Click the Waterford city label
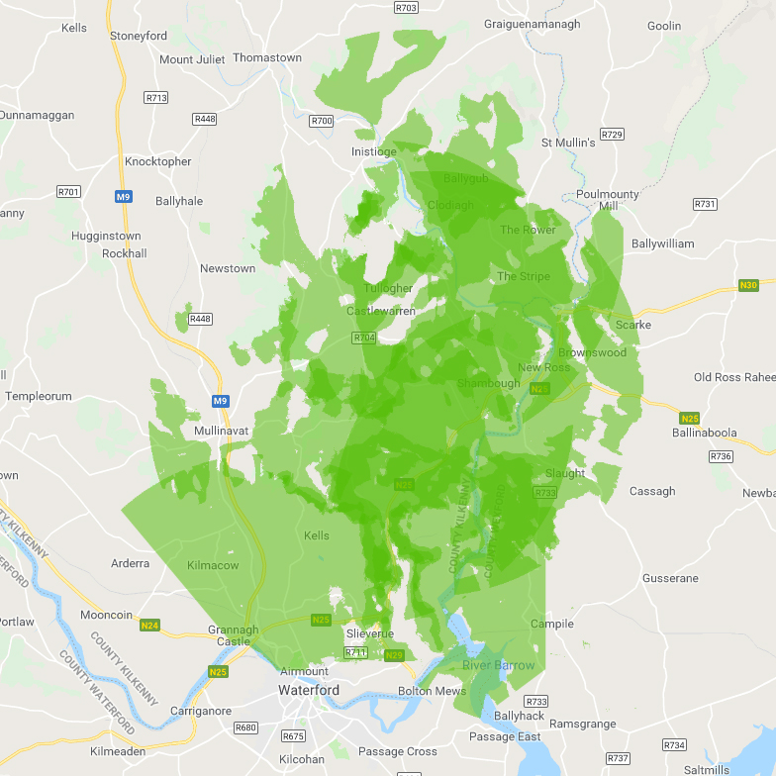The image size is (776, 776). click(x=308, y=690)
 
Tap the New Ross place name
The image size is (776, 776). click(x=543, y=368)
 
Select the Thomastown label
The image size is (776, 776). click(x=267, y=57)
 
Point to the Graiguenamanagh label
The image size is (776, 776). click(x=533, y=24)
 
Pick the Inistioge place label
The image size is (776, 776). click(x=374, y=151)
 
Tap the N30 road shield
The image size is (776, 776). click(x=750, y=286)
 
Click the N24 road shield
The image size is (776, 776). click(x=149, y=626)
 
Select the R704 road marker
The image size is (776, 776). click(x=364, y=338)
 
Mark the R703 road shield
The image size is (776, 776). click(x=406, y=8)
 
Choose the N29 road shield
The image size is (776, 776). click(x=394, y=655)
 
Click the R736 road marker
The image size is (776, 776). click(x=721, y=456)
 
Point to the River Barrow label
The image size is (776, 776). click(x=499, y=665)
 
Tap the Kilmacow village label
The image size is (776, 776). click(x=213, y=565)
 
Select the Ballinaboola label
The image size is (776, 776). click(x=704, y=433)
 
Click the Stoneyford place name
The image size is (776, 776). click(x=139, y=36)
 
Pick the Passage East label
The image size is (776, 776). click(x=505, y=736)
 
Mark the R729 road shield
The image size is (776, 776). click(x=613, y=135)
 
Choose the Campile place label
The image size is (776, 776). click(x=552, y=624)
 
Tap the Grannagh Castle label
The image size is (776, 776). click(x=234, y=635)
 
